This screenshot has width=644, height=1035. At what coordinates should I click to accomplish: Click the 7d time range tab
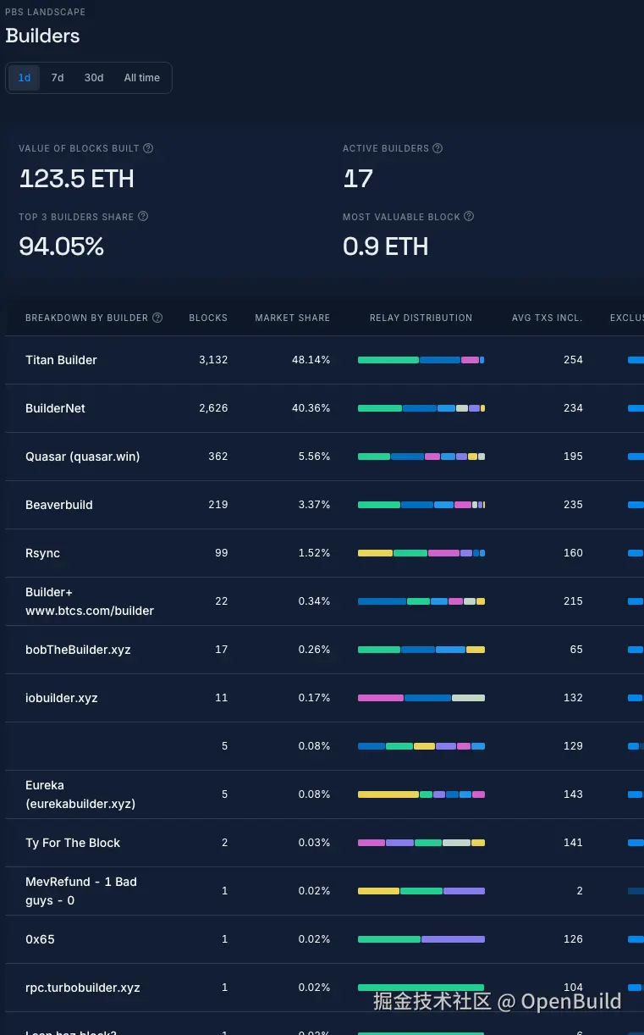pos(58,78)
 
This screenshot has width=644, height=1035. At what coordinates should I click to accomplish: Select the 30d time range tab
pos(94,78)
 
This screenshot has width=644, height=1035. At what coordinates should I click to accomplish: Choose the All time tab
pos(142,78)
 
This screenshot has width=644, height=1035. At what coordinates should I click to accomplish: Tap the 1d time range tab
pos(25,78)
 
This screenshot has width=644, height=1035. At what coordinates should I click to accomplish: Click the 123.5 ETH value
pos(76,179)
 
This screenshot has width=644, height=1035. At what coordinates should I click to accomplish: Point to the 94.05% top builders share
pos(61,246)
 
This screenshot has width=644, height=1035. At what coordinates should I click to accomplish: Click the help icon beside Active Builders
pos(438,148)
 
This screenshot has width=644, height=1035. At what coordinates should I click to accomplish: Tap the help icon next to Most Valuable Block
pos(469,217)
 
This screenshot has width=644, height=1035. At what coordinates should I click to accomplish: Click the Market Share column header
pos(292,318)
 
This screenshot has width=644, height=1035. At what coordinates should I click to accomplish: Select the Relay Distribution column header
pos(421,318)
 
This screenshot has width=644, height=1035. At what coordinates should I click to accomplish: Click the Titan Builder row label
pos(61,360)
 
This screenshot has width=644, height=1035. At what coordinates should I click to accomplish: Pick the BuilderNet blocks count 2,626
pos(213,408)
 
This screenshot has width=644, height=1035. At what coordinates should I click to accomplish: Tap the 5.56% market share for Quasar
pos(314,457)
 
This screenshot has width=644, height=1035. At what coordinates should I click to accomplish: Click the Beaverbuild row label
pos(59,505)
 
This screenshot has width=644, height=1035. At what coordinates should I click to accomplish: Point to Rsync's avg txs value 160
pos(573,553)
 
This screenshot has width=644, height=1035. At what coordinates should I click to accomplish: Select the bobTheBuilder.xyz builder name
pos(78,650)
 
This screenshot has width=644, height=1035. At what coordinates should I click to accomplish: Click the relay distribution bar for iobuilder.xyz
pos(421,698)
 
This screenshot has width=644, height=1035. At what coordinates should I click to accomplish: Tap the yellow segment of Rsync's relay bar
pos(375,553)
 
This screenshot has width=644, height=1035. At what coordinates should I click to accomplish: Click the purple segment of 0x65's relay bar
pos(453,939)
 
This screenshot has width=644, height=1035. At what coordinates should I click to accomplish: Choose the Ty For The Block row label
pos(73,843)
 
